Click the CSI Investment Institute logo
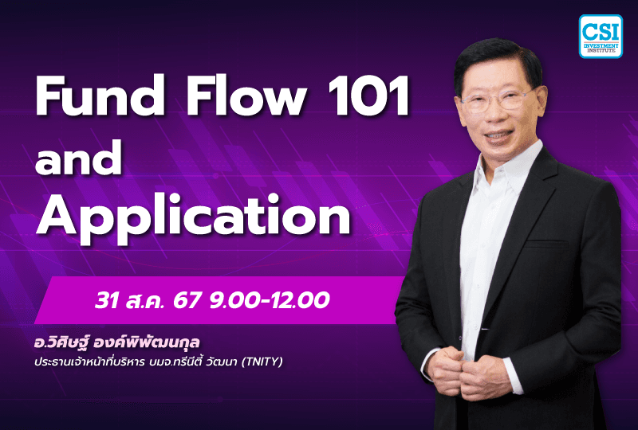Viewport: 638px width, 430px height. pyautogui.click(x=599, y=36)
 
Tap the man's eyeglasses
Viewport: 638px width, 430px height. pyautogui.click(x=495, y=101)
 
